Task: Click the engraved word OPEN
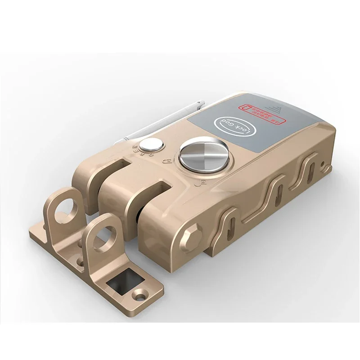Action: (x=136, y=153)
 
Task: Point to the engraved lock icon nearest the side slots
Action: (x=203, y=183)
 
